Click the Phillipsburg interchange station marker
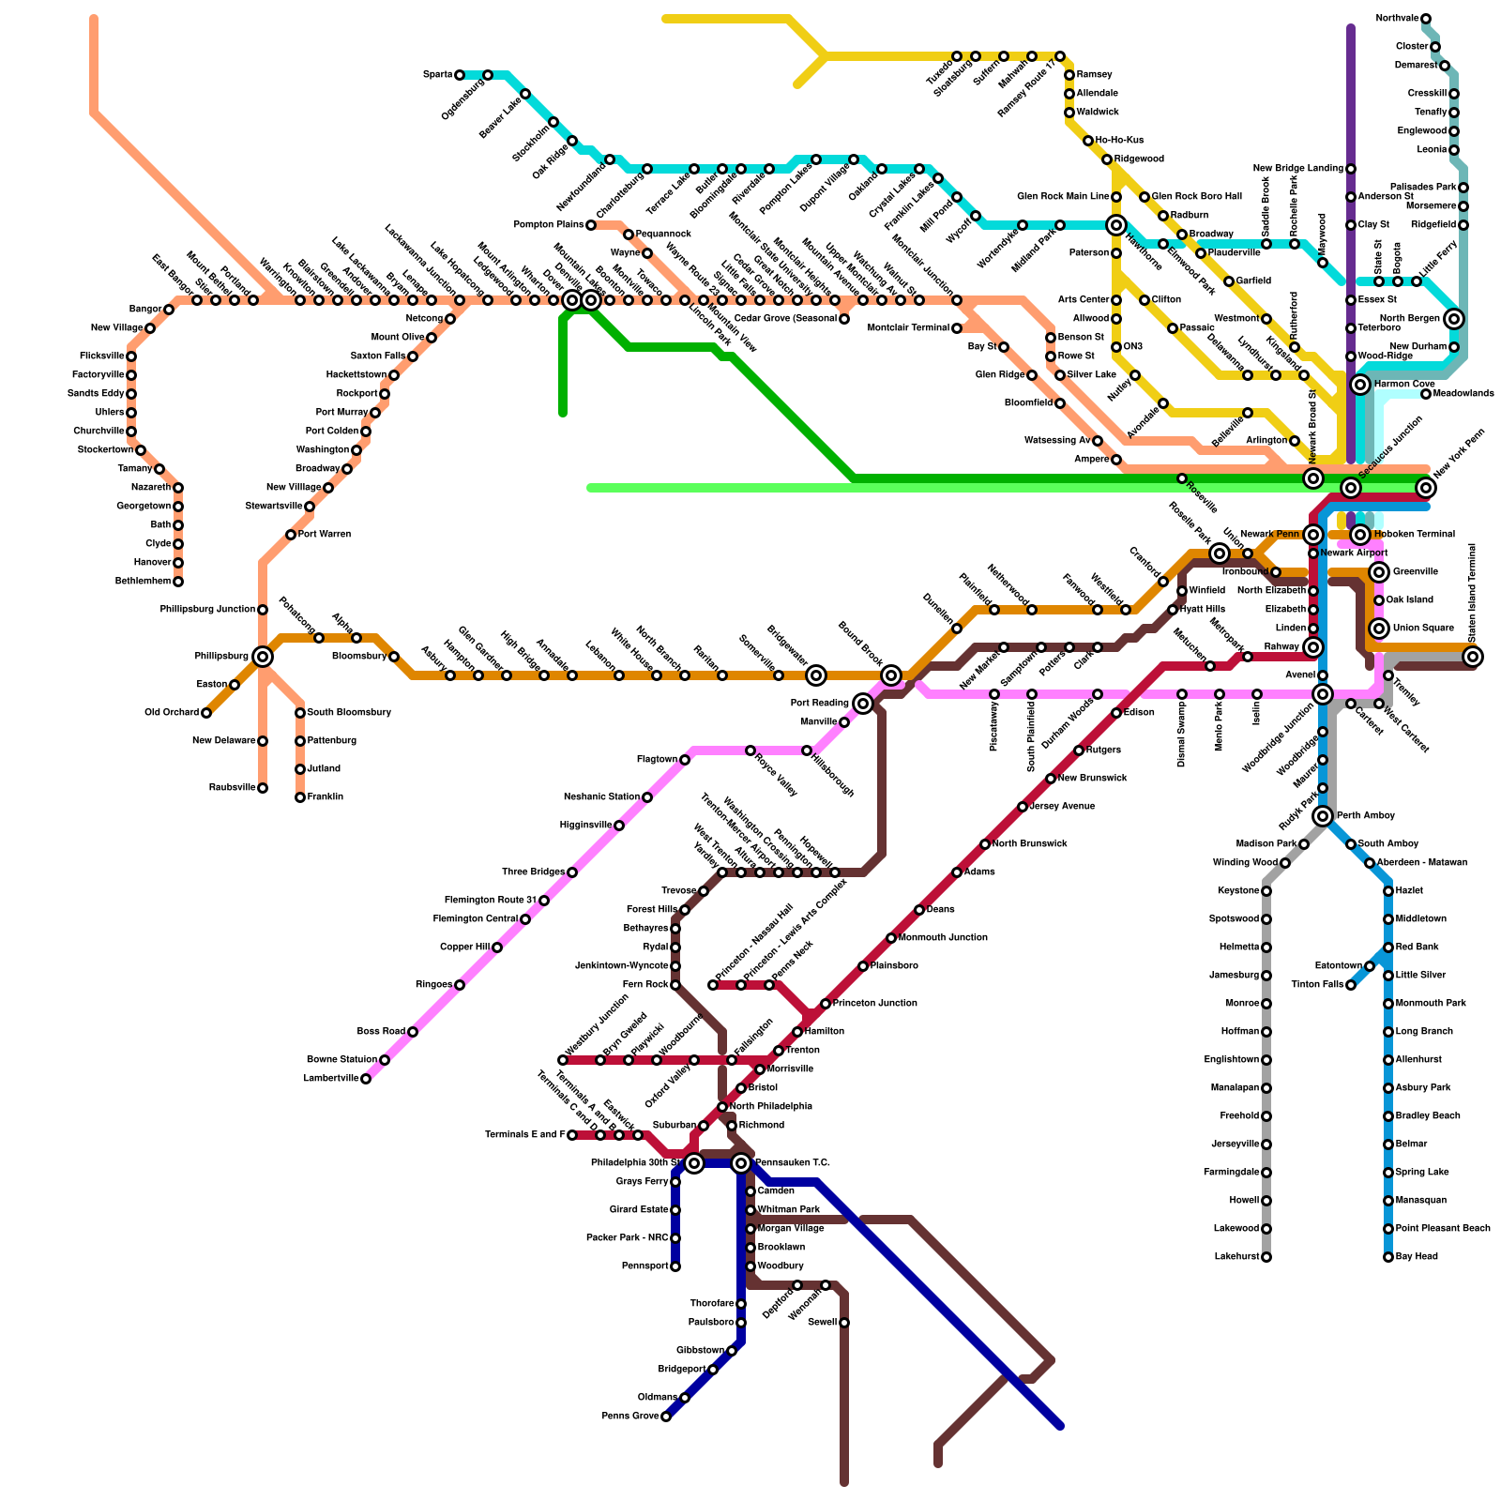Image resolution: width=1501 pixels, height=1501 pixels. pyautogui.click(x=263, y=657)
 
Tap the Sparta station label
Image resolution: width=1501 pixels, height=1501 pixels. pyautogui.click(x=437, y=75)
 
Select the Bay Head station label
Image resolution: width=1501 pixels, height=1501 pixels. pyautogui.click(x=1417, y=1257)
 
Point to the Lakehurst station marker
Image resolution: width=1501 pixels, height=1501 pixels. pyautogui.click(x=1266, y=1257)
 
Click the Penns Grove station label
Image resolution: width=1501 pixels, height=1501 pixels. pyautogui.click(x=630, y=1417)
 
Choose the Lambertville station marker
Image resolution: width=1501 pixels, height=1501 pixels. pyautogui.click(x=366, y=1079)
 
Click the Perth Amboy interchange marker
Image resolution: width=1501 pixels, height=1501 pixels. pyautogui.click(x=1323, y=816)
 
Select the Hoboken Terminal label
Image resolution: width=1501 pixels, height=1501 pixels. pyautogui.click(x=1414, y=535)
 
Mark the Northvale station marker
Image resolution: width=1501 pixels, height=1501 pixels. pyautogui.click(x=1426, y=19)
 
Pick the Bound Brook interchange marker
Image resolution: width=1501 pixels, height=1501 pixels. pyautogui.click(x=891, y=675)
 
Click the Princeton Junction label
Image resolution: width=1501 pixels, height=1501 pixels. pyautogui.click(x=875, y=1004)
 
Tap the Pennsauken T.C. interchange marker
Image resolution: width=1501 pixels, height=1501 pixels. pyautogui.click(x=741, y=1163)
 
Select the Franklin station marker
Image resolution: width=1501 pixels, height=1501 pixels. pyautogui.click(x=300, y=797)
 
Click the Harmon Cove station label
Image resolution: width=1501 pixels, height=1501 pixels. pyautogui.click(x=1404, y=385)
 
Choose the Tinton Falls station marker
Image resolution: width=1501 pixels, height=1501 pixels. pyautogui.click(x=1351, y=985)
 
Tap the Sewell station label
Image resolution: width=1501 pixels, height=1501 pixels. pyautogui.click(x=820, y=1323)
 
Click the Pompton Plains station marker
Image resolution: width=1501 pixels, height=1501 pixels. pyautogui.click(x=591, y=225)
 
